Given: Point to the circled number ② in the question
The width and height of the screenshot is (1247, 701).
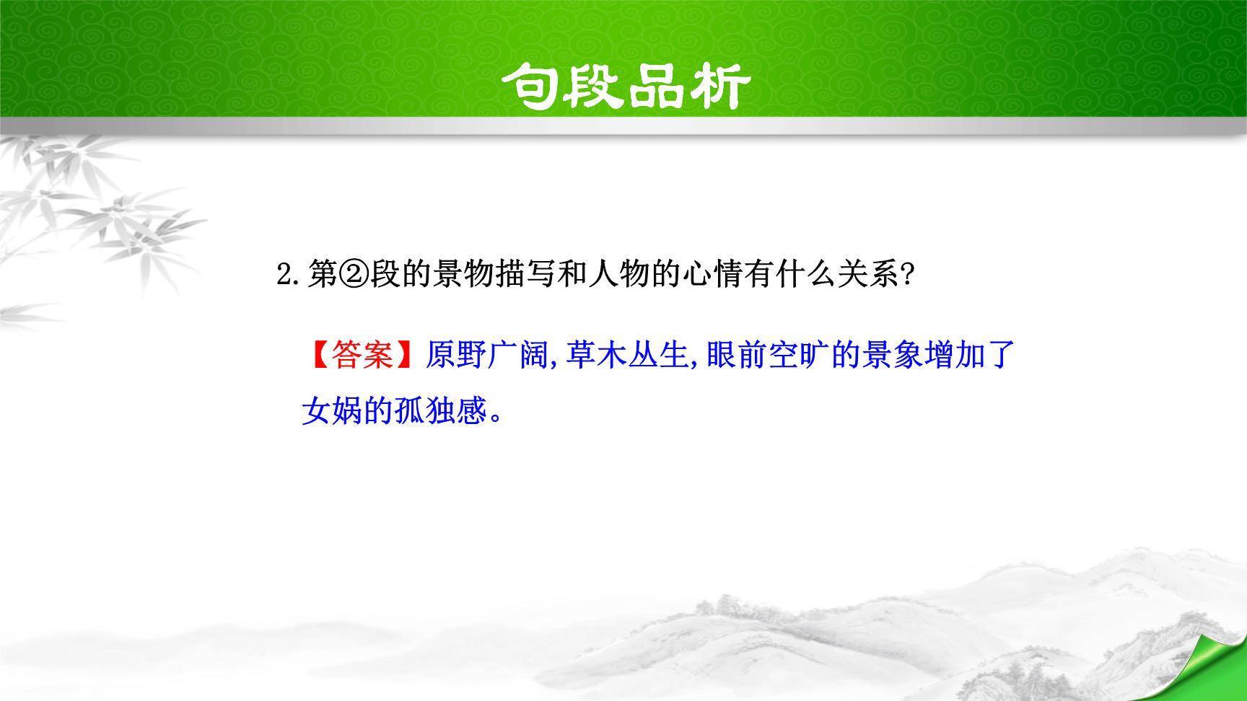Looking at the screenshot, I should pyautogui.click(x=354, y=275).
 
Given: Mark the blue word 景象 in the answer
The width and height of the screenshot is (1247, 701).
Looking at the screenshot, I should pyautogui.click(x=892, y=355).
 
